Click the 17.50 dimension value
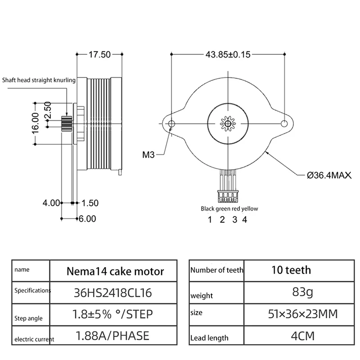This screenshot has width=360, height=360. (99, 55)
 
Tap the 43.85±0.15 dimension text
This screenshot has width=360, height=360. (228, 54)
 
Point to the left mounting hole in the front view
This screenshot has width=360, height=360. (171, 123)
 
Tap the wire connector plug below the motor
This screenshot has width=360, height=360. (228, 197)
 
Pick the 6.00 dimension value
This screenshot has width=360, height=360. (88, 219)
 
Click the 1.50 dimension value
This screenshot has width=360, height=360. (90, 203)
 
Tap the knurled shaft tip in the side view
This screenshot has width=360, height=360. (66, 122)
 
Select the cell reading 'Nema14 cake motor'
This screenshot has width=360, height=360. (115, 271)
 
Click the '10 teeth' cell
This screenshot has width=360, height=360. (291, 270)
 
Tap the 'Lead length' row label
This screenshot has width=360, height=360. (209, 337)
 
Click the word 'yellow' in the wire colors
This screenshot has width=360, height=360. (250, 209)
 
